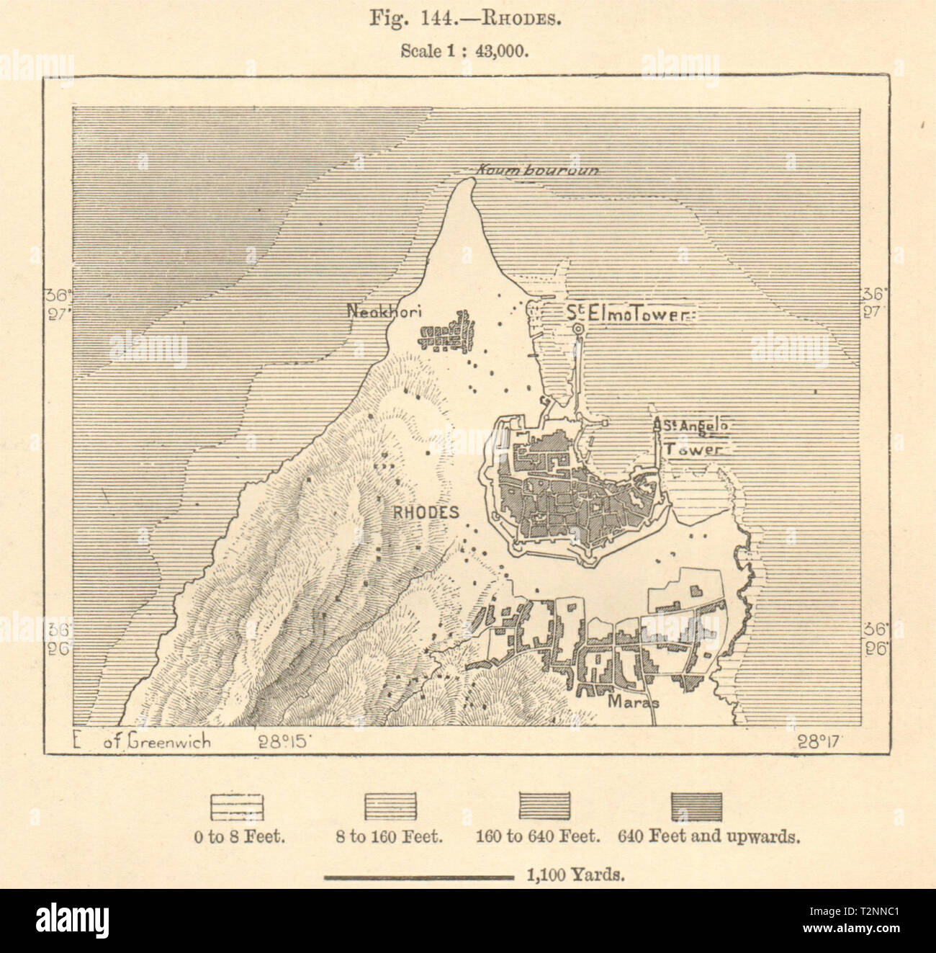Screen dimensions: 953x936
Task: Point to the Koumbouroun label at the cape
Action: tap(538, 171)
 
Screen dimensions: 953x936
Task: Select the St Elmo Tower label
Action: tap(624, 313)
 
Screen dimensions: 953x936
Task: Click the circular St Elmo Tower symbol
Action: tap(578, 329)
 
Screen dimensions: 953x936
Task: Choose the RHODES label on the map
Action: tap(426, 512)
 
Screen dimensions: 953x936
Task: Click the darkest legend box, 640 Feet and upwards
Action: tap(696, 806)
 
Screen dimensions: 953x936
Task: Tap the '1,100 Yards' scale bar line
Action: tap(418, 877)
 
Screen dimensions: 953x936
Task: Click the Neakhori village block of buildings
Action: tap(448, 333)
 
